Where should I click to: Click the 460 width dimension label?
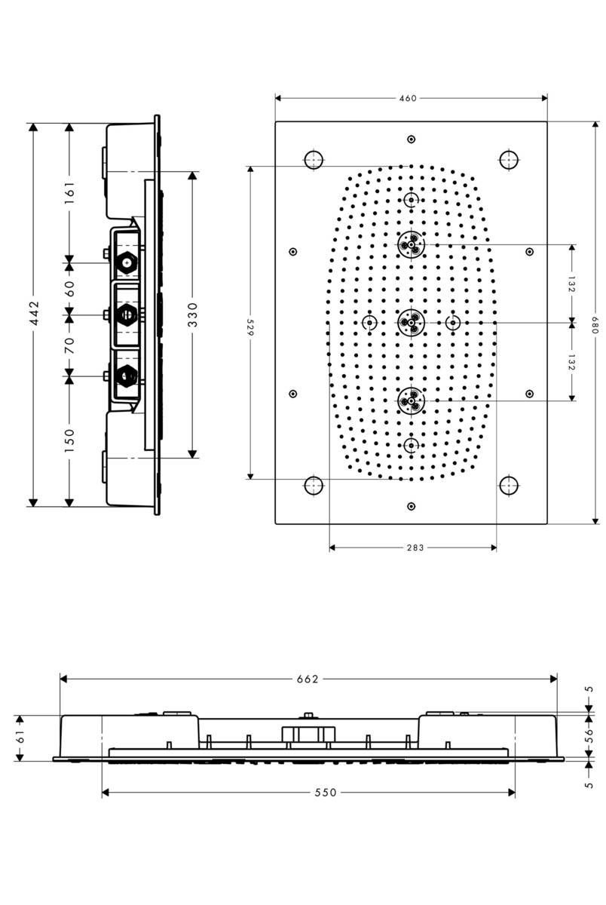click(408, 98)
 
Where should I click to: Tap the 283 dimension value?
click(415, 548)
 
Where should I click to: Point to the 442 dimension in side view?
click(34, 314)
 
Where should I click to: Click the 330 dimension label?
click(193, 314)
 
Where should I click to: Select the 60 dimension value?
click(69, 287)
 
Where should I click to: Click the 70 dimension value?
click(69, 345)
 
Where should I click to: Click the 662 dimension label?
click(308, 679)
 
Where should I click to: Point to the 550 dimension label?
click(326, 792)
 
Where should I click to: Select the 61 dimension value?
click(20, 738)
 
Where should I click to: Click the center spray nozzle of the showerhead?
click(411, 323)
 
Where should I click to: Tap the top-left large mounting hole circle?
click(314, 159)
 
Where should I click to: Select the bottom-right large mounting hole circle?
click(509, 485)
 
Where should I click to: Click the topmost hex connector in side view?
click(127, 263)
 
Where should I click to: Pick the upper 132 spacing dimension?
click(571, 284)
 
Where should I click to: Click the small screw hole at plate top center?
click(411, 139)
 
